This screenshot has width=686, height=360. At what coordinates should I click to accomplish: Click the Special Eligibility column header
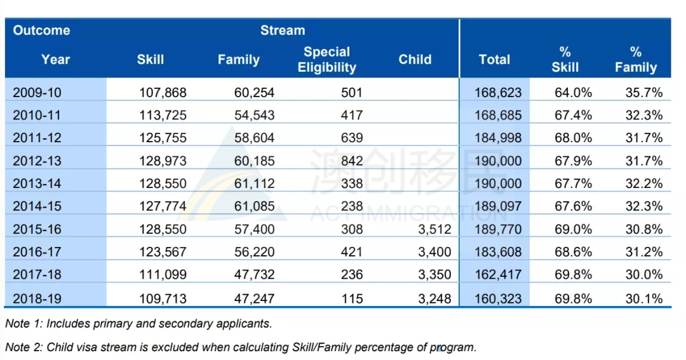point(327,60)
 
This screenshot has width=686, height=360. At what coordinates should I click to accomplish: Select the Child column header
point(415,60)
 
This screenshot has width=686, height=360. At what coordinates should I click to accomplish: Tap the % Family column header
point(636,60)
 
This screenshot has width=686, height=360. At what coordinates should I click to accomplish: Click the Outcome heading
point(41,30)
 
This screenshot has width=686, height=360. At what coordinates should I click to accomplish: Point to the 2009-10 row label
point(37,93)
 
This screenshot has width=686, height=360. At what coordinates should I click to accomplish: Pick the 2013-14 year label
point(37,183)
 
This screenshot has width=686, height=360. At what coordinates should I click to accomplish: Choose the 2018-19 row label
point(37,299)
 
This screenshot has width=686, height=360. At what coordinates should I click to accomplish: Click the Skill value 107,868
point(163,93)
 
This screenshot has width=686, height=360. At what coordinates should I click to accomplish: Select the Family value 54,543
point(254,116)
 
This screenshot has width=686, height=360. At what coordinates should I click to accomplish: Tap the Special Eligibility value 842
point(352,161)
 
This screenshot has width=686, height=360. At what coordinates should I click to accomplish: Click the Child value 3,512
point(434,229)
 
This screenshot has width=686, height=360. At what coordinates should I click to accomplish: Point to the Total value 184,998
point(499,138)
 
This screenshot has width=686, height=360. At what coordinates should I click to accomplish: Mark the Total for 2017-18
point(499,275)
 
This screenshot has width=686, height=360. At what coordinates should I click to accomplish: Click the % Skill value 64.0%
point(573,93)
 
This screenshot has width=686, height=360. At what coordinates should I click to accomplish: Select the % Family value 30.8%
point(644,229)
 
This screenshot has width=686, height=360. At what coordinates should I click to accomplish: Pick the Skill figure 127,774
point(163,206)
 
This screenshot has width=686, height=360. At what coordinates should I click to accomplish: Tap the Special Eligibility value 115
point(352,299)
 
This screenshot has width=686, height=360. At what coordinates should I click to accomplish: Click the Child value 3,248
point(434,299)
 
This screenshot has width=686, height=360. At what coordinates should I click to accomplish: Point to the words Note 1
point(24,324)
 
